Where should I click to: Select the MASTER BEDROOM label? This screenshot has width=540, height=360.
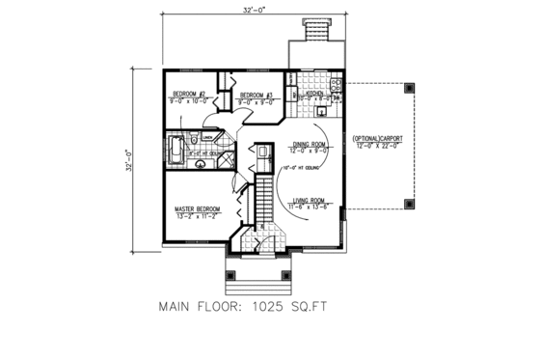point(197,208)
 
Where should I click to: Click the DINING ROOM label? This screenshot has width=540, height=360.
point(309,145)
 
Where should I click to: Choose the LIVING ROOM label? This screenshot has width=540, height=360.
point(310,201)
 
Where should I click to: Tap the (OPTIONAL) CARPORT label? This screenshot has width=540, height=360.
point(378,138)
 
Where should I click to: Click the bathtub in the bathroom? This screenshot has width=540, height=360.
point(176,151)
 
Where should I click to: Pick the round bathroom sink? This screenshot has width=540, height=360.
point(201,164)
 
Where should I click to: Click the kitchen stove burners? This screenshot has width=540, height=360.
point(334,85)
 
